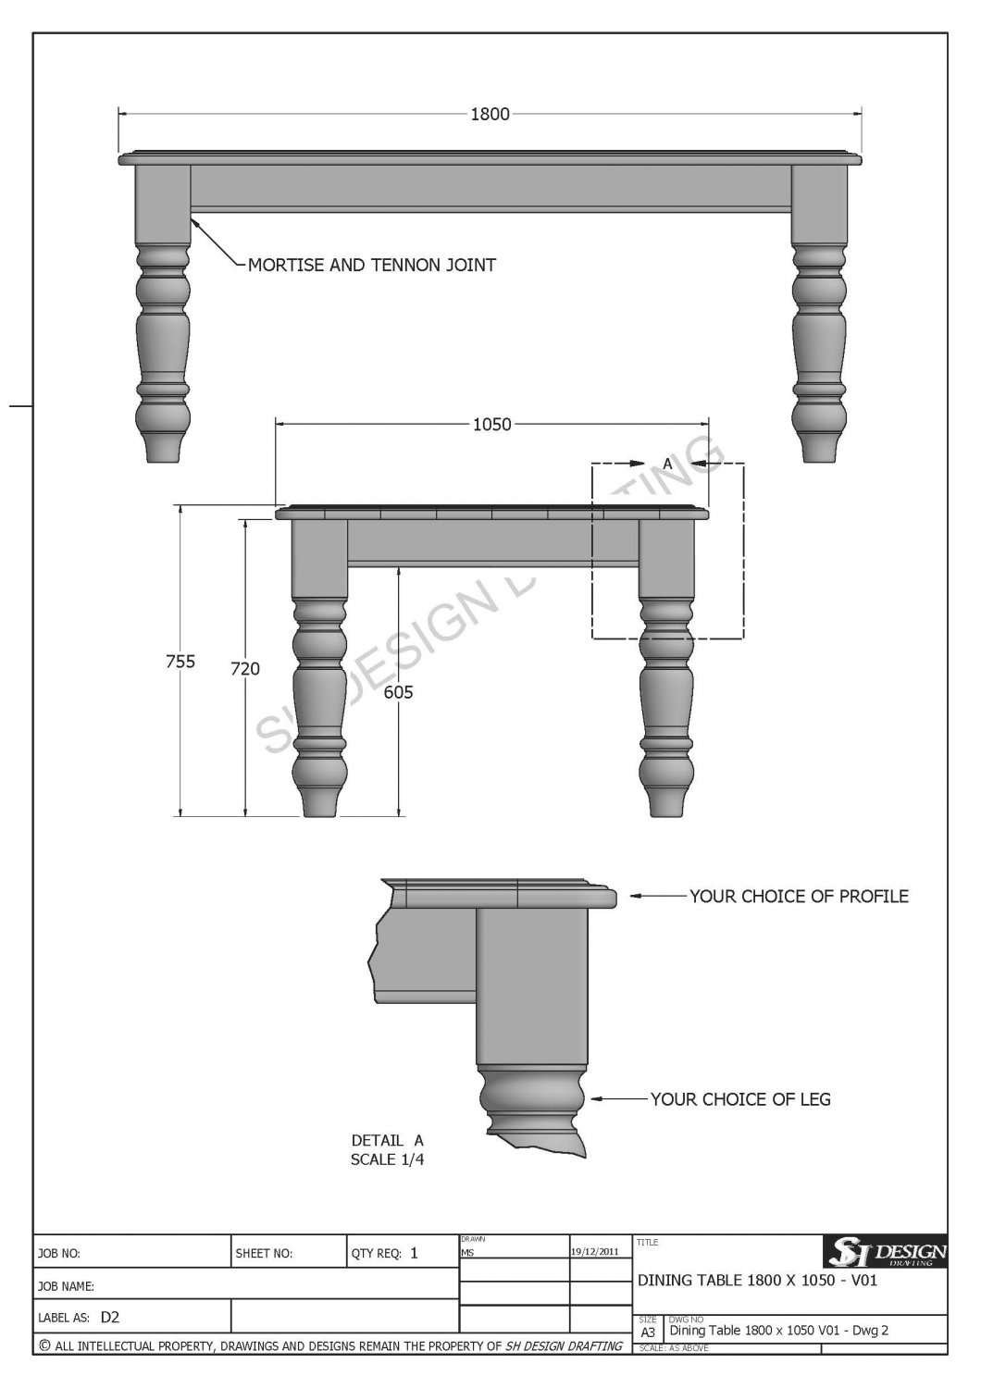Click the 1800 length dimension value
(x=490, y=115)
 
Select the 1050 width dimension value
(x=491, y=425)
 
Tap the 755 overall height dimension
(x=180, y=662)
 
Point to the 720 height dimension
(x=245, y=669)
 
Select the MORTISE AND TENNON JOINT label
(x=372, y=266)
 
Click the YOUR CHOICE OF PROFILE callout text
(x=799, y=897)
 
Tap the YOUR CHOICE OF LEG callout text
(x=740, y=1100)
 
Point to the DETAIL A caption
(x=387, y=1141)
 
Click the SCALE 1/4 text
(x=387, y=1159)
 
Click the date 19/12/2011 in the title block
(x=595, y=1251)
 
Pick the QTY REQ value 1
(x=414, y=1254)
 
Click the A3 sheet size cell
(x=648, y=1332)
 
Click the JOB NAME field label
(x=67, y=1286)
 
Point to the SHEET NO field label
(x=265, y=1255)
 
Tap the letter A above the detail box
(x=666, y=460)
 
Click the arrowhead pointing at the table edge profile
(x=636, y=896)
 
